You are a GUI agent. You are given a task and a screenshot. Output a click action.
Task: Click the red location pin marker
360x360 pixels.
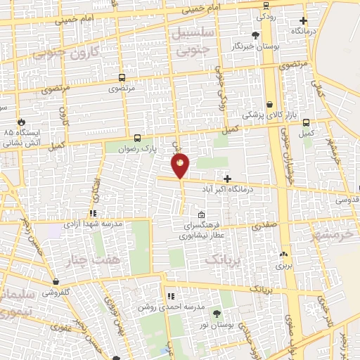181,166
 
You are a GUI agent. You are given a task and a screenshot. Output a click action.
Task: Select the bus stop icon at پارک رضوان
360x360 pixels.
137,138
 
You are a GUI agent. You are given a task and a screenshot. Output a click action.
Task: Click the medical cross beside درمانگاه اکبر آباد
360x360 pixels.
226,179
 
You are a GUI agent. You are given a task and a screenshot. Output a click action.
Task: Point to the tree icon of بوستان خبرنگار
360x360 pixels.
255,34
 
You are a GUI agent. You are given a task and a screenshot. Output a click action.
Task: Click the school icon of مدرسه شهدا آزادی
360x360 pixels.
92,213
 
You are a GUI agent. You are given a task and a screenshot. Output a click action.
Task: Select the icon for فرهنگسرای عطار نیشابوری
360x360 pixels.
202,215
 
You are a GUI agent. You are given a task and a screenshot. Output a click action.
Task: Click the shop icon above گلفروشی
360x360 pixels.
55,282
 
